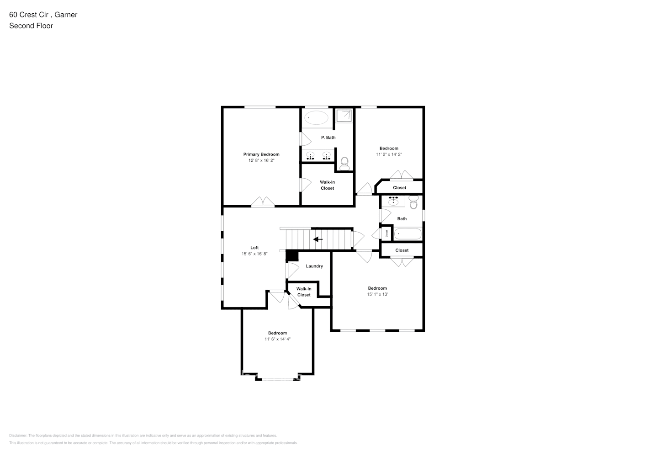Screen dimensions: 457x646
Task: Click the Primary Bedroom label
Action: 261,154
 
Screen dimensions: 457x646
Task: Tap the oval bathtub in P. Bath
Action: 316,117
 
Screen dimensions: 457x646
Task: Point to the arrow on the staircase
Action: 318,239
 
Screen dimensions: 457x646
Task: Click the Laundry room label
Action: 314,266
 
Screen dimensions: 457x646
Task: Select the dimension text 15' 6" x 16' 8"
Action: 254,254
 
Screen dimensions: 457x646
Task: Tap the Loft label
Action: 254,248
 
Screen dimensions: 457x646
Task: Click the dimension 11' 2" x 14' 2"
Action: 389,154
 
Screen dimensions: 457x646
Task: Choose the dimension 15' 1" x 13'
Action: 377,294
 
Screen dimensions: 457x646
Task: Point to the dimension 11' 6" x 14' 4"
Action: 277,339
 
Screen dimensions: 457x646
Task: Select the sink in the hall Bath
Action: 393,201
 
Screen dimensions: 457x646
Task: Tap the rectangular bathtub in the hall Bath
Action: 408,234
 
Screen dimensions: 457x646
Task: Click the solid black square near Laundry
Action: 292,256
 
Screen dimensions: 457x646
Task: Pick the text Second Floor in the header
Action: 31,26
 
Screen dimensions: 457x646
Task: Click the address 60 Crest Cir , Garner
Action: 43,15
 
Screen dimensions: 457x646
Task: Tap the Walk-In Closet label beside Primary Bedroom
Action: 327,185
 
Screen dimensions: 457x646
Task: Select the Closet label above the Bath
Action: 399,188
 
